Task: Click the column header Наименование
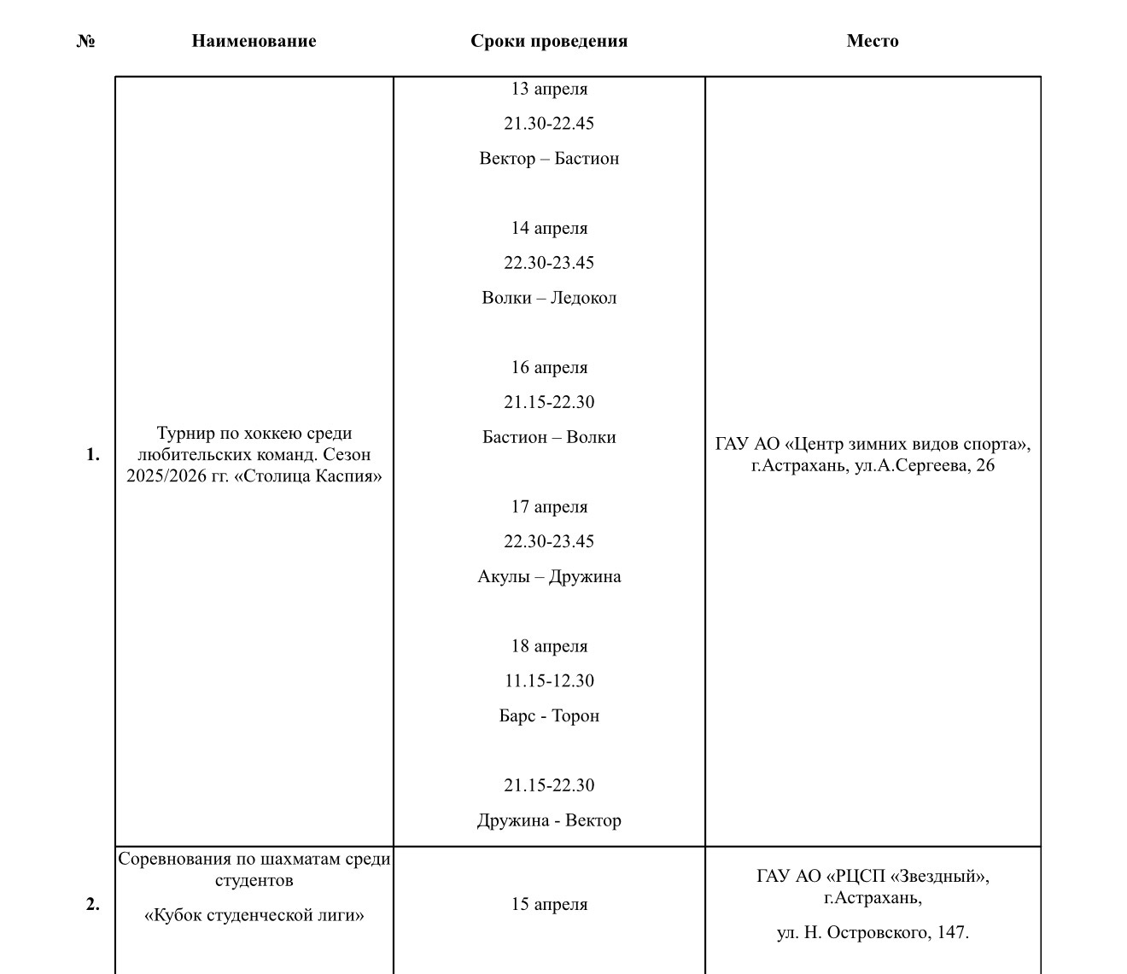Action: point(254,41)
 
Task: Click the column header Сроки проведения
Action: point(549,41)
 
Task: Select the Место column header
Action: point(873,41)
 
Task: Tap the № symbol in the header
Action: point(85,41)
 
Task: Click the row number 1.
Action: point(92,455)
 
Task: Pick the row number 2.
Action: point(92,904)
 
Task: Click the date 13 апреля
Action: point(549,89)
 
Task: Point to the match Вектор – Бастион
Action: point(549,159)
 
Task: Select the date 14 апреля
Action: point(549,228)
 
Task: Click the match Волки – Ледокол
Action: point(549,298)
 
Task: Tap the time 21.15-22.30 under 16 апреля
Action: point(549,402)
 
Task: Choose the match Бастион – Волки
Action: point(549,437)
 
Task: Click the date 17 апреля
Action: point(549,507)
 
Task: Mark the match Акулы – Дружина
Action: point(549,577)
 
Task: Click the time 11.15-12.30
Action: point(549,681)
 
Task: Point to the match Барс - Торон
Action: point(549,716)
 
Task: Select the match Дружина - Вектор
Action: point(549,820)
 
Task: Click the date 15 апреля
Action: point(549,904)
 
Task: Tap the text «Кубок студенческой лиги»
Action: point(254,916)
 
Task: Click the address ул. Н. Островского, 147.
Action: point(873,933)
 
